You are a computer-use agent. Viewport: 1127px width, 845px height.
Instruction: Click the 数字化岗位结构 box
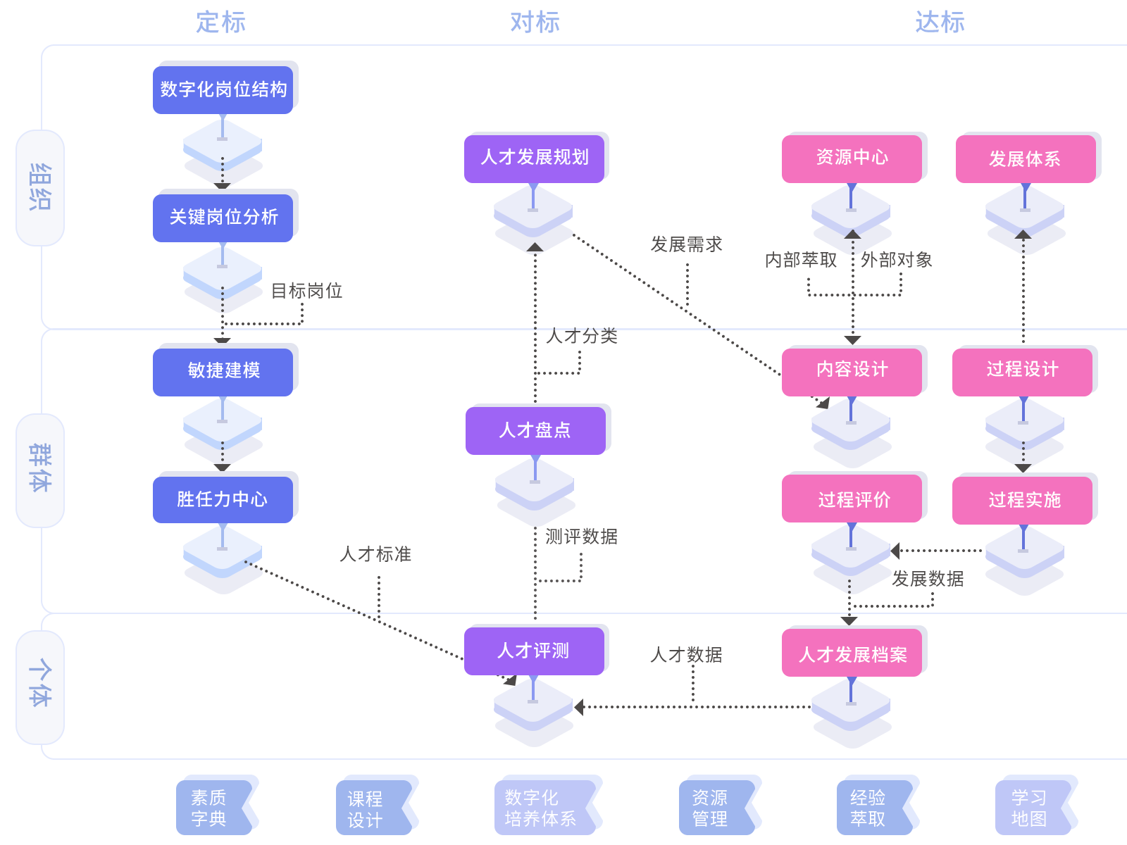(223, 90)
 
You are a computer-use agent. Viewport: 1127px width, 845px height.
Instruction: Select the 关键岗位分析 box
(223, 218)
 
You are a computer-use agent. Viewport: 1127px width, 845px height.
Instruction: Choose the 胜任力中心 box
(223, 500)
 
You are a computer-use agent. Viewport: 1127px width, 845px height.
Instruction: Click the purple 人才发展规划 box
(534, 158)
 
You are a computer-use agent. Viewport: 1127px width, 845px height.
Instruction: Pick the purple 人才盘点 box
(535, 430)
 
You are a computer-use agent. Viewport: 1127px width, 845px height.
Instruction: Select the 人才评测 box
(534, 651)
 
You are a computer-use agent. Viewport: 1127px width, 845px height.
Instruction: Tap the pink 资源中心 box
(852, 158)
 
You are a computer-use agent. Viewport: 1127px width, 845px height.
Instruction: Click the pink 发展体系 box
(1026, 158)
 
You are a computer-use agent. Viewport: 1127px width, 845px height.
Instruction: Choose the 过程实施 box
(1022, 500)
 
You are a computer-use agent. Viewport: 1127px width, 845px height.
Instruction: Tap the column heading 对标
(535, 23)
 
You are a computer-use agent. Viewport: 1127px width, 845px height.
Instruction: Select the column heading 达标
(940, 23)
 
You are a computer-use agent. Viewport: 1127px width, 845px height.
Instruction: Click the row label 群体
(40, 468)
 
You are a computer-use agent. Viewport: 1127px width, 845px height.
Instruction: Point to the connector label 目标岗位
(306, 291)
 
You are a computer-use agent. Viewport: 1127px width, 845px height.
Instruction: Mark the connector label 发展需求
(687, 244)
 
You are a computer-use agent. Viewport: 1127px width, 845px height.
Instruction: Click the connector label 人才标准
(375, 554)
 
